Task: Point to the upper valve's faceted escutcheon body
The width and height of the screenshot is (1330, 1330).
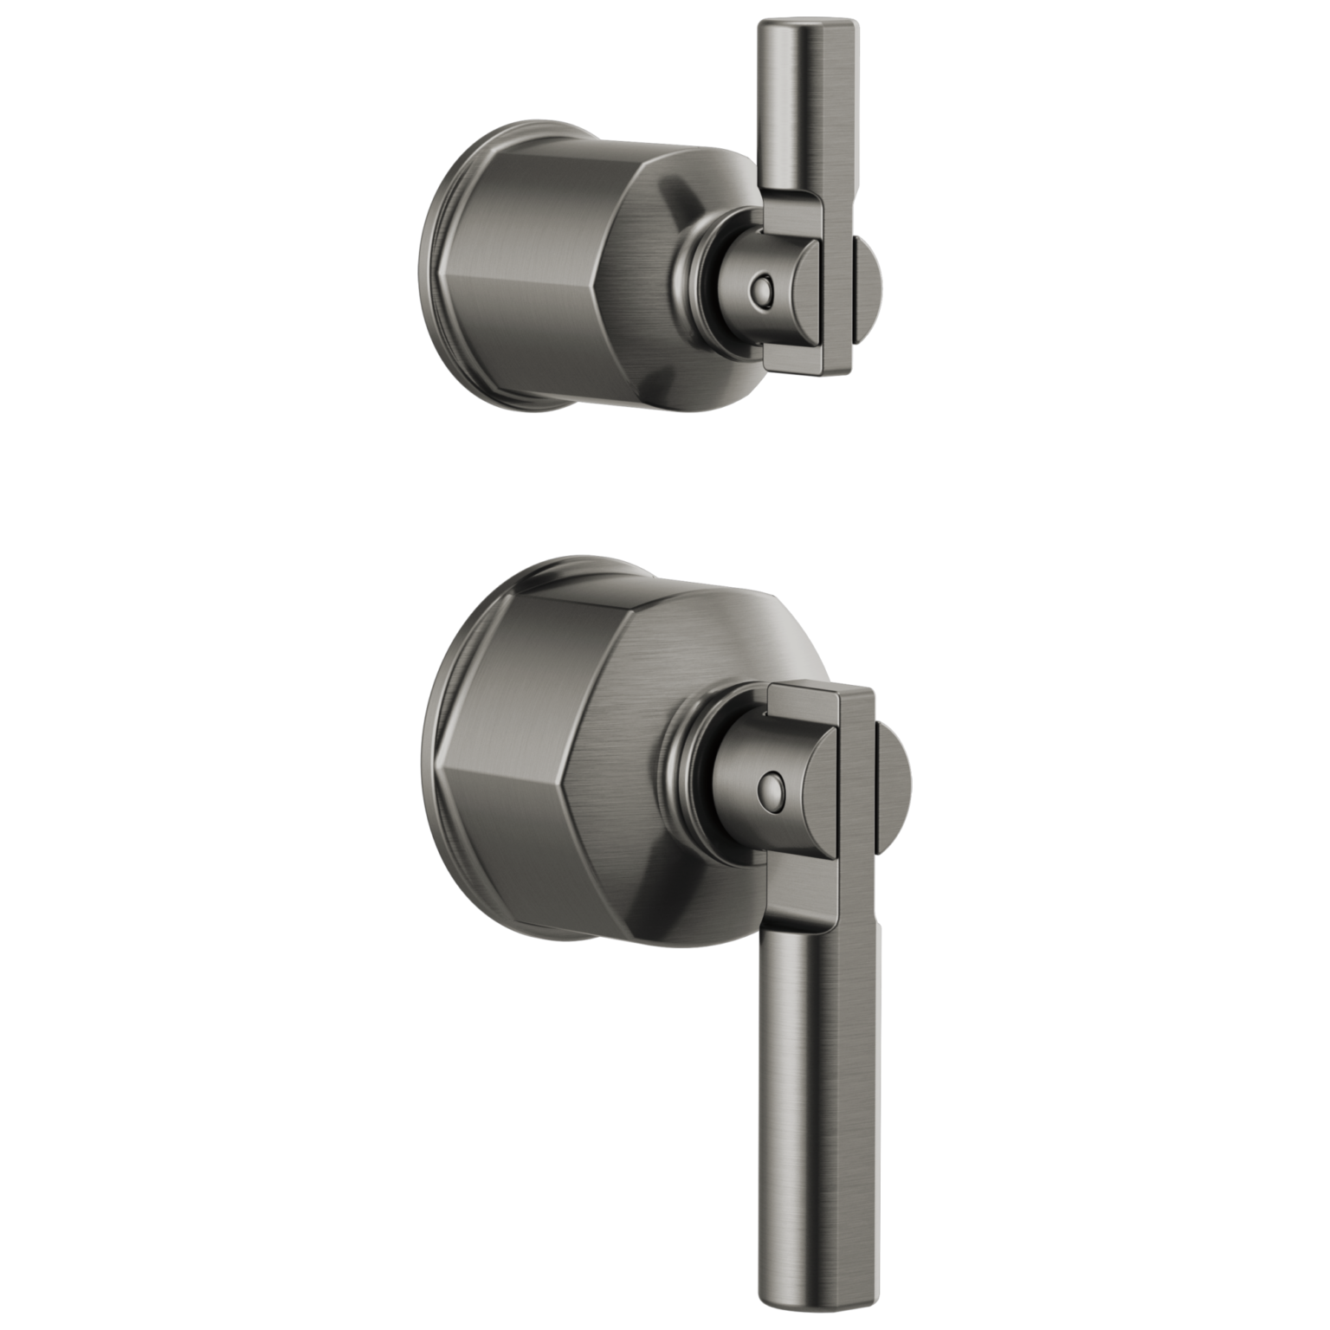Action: click(x=554, y=260)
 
